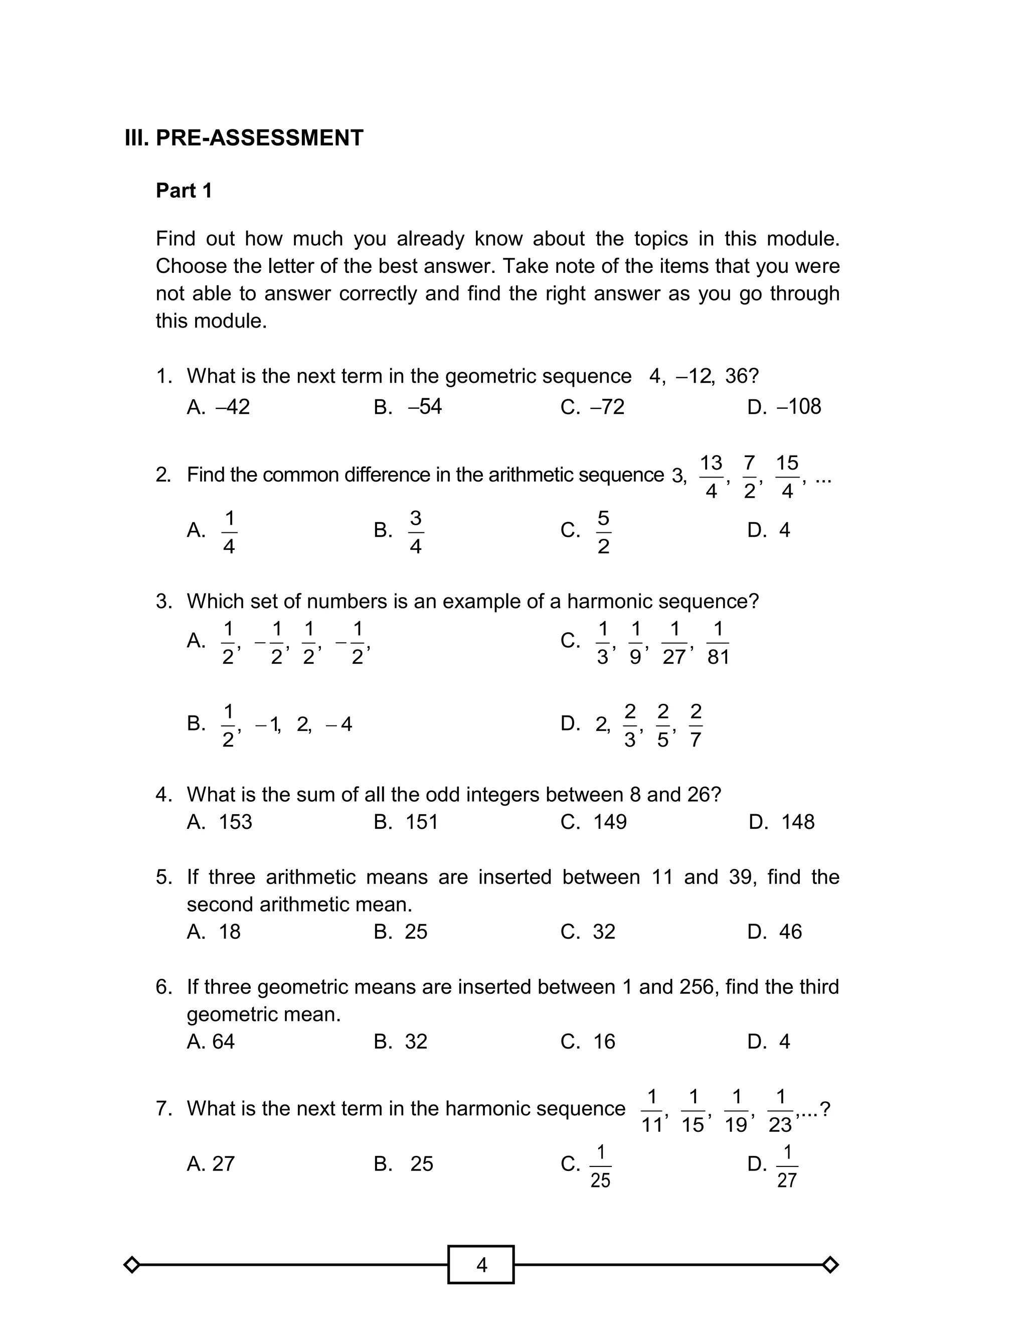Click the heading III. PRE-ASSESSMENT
pyautogui.click(x=244, y=137)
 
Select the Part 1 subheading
pyautogui.click(x=184, y=191)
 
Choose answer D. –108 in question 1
pyautogui.click(x=784, y=406)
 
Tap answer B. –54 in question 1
pyautogui.click(x=408, y=406)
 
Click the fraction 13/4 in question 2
pyautogui.click(x=711, y=477)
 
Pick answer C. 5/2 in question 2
pyautogui.click(x=586, y=530)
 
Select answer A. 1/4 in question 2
pyautogui.click(x=212, y=530)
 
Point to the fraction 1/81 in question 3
pyautogui.click(x=718, y=643)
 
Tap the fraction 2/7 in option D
pyautogui.click(x=696, y=725)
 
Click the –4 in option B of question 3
pyautogui.click(x=339, y=724)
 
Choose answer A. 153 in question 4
pyautogui.click(x=220, y=822)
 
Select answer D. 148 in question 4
pyautogui.click(x=781, y=822)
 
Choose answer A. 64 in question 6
pyautogui.click(x=211, y=1041)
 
